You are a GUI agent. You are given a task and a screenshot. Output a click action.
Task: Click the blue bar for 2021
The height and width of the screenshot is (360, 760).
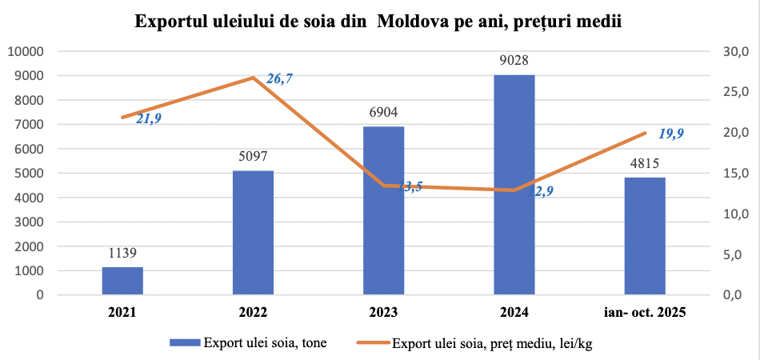coord(122,281)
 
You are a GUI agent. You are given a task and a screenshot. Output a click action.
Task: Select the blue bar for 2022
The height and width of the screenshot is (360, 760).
coord(253,233)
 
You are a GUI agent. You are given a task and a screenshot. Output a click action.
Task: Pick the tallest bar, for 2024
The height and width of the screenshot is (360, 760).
coord(514,185)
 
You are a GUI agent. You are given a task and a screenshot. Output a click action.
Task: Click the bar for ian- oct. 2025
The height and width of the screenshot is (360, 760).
coord(645,236)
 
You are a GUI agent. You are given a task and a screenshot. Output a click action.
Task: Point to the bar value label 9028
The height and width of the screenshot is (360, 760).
coord(514,61)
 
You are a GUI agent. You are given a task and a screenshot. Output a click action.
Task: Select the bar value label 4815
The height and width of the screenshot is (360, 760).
coord(645,163)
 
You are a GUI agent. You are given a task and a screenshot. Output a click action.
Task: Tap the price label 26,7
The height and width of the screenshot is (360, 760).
coord(280,78)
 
